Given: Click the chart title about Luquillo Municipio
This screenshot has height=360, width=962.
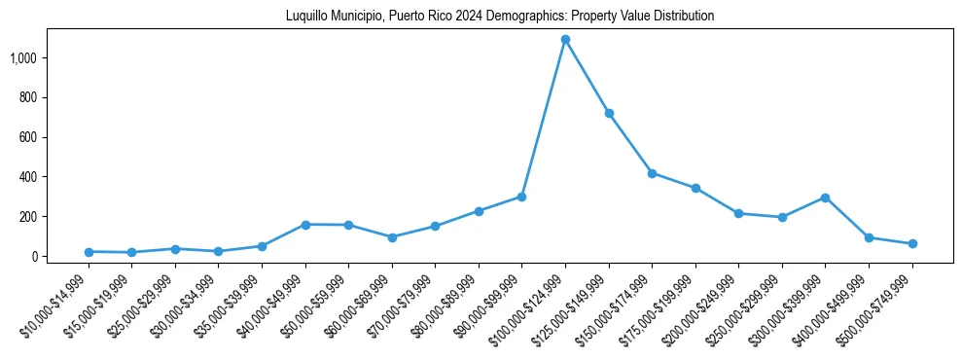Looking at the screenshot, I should point(500,17).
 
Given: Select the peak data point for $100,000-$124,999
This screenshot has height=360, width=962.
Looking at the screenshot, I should point(565,40).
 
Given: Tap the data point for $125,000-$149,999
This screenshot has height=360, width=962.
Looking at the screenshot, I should point(609,114).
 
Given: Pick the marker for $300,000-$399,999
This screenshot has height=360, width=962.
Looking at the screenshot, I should point(825,198).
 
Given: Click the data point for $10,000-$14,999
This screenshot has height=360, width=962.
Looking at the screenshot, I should point(89,252).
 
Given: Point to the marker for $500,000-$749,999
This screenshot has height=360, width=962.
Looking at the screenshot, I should point(912,244).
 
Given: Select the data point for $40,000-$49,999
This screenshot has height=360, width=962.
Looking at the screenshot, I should point(305,225).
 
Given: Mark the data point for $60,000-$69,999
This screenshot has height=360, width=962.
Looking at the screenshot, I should point(392,237).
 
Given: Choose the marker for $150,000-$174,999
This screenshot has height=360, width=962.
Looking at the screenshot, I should point(652,173).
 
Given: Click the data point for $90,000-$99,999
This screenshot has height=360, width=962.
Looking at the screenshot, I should point(522,197).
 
